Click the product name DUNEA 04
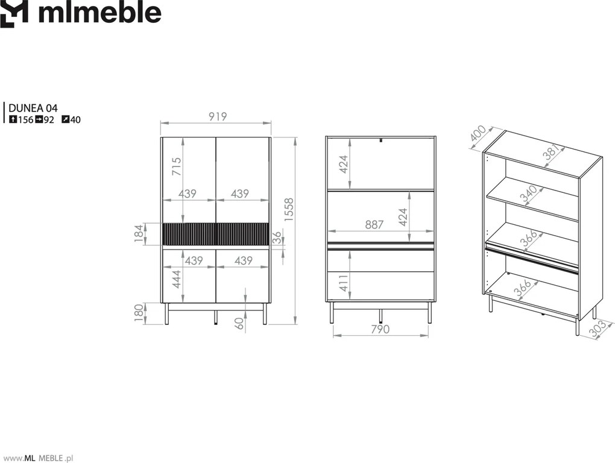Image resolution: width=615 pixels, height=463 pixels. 33,108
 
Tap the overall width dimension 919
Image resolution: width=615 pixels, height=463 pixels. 218,116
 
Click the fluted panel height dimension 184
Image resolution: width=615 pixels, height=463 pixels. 139,234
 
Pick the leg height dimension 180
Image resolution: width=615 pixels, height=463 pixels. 139,313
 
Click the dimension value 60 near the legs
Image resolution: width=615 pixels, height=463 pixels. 239,323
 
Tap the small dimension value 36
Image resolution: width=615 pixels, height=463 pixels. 277,238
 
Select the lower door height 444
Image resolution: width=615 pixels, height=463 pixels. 177,279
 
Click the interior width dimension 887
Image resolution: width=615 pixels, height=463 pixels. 374,225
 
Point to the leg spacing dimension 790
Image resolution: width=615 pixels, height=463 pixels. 380,329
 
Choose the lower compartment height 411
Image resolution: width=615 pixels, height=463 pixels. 343,283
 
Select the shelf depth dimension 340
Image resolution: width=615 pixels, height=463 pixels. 529,194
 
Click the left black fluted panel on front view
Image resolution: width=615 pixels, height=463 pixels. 189,234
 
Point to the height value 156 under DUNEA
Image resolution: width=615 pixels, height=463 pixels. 25,120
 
